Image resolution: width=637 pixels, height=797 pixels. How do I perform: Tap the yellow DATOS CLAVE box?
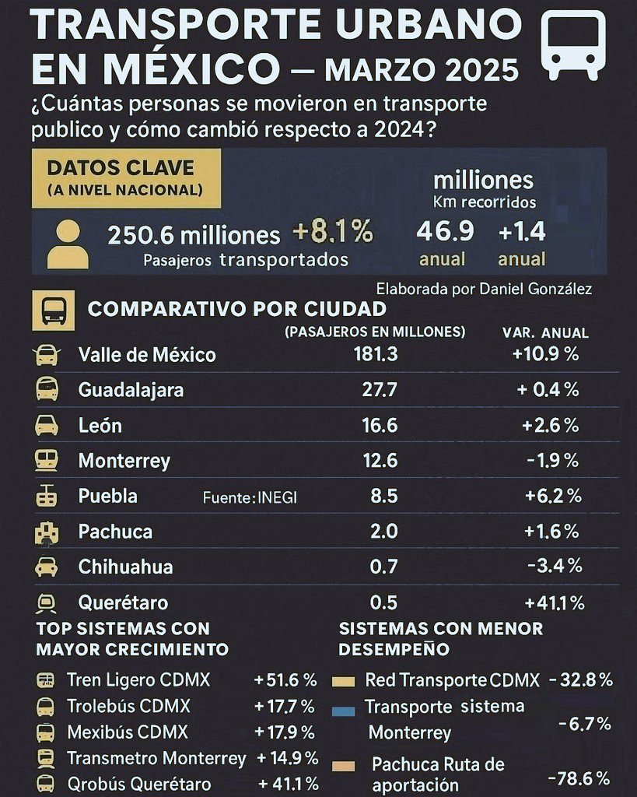[x=126, y=178]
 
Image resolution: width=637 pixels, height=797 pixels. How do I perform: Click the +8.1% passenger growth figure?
[x=333, y=232]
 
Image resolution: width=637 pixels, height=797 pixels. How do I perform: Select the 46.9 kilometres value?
[x=445, y=232]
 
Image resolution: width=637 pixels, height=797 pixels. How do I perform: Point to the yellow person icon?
[x=68, y=244]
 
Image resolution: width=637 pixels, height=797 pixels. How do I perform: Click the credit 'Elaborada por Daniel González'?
[x=484, y=289]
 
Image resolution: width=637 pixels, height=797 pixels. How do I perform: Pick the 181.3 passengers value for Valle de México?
[x=380, y=354]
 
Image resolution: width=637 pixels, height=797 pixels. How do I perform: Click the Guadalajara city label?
[x=131, y=390]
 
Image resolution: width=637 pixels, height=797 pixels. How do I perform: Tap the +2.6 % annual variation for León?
[x=551, y=426]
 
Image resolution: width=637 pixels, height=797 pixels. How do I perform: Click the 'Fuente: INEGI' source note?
[x=250, y=498]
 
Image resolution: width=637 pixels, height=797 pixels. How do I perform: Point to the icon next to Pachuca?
[x=47, y=532]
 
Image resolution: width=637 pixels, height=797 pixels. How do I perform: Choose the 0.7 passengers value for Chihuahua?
[x=383, y=567]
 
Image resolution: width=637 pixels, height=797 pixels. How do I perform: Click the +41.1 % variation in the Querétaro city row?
[x=553, y=602]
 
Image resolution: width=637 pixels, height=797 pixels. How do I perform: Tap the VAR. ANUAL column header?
[x=545, y=332]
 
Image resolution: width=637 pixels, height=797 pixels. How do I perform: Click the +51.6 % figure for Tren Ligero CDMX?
[x=285, y=680]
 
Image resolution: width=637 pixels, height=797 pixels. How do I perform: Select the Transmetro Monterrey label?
[x=156, y=758]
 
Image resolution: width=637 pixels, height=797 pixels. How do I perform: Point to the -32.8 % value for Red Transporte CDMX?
[x=580, y=679]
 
